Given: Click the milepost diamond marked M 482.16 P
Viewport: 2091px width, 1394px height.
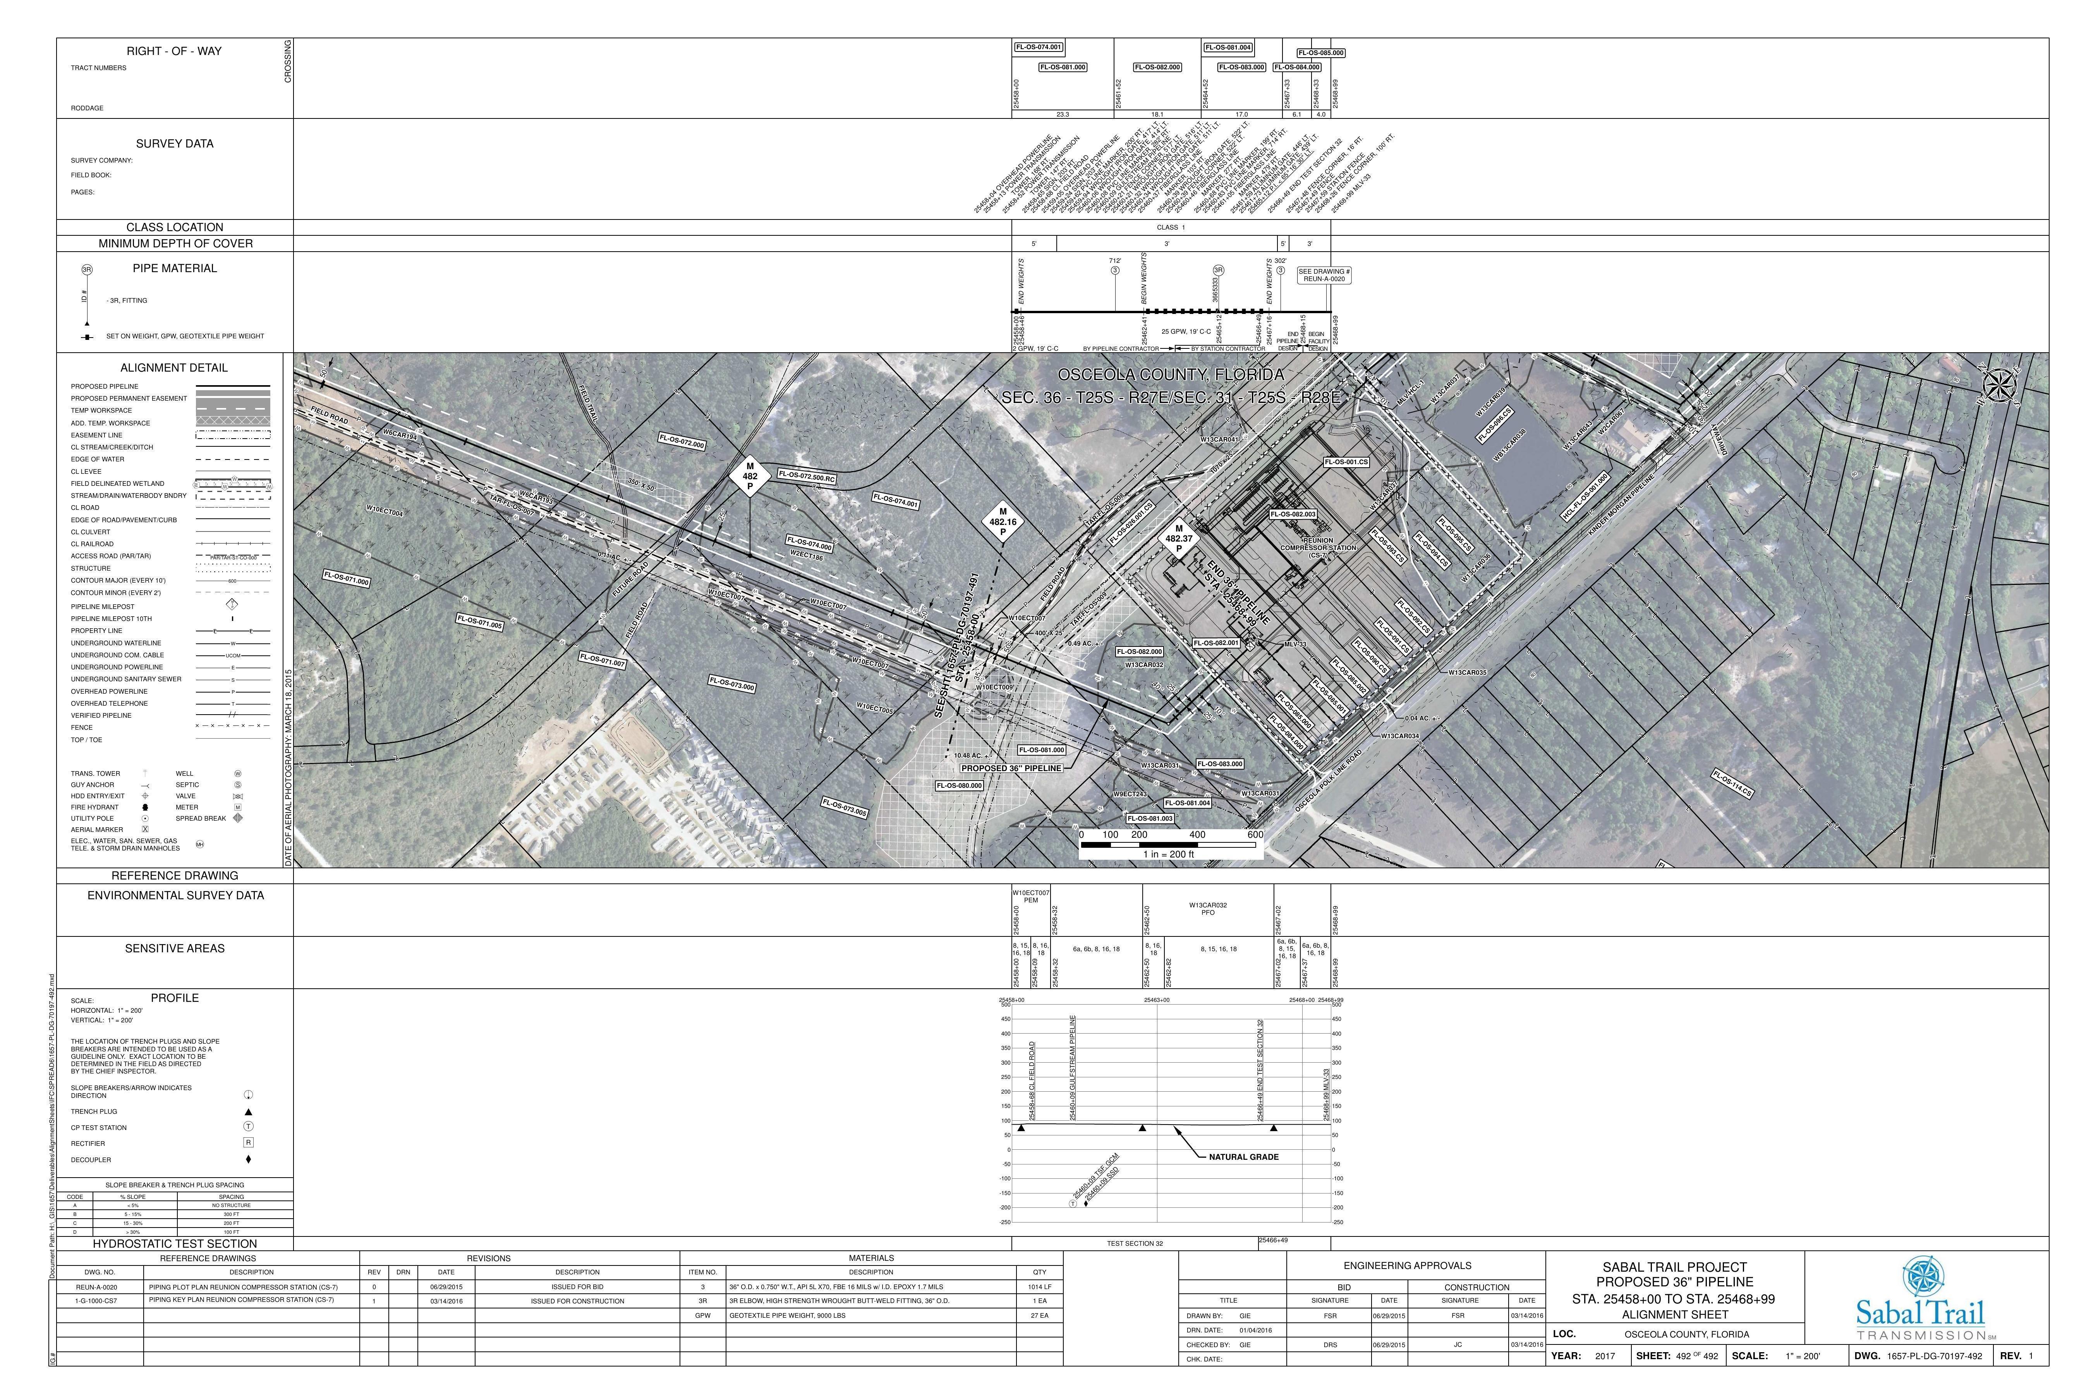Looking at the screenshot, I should point(1003,523).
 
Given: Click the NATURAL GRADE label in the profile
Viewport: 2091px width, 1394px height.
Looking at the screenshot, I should point(1243,1157).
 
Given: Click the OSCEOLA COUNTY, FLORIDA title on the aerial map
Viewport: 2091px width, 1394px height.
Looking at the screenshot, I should point(1170,375).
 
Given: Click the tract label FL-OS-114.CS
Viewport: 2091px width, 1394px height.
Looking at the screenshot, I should point(1732,782).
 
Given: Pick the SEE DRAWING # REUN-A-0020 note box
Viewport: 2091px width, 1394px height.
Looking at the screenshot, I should point(1324,276).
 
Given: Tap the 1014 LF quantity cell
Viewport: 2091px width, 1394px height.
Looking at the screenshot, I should point(1039,1286).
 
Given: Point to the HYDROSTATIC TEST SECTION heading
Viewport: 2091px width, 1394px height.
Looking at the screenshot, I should point(175,1244).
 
